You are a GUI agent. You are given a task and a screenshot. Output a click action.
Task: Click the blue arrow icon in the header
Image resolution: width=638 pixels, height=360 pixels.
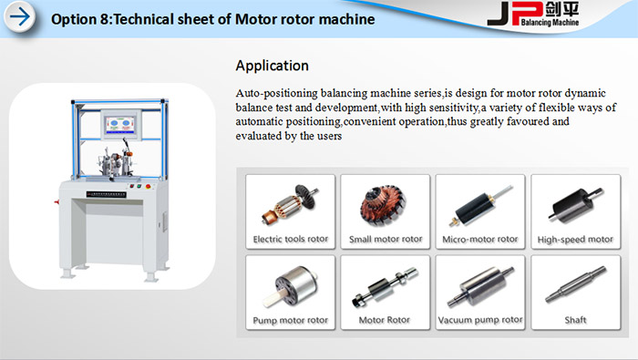click(x=20, y=17)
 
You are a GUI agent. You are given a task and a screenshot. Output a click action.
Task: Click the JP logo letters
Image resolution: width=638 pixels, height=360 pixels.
click(x=515, y=14)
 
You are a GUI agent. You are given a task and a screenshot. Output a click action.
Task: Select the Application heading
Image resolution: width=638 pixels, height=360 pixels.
click(x=272, y=66)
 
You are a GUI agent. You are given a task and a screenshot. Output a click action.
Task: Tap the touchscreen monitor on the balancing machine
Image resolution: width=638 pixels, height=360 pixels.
click(x=121, y=124)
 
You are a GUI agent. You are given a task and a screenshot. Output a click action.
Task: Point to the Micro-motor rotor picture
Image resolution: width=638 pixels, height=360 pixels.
click(x=480, y=205)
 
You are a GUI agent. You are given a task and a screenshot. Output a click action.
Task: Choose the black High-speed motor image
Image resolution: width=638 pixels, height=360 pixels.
click(x=575, y=205)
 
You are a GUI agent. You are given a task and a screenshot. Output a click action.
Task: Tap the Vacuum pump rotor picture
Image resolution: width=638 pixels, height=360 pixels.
click(x=480, y=286)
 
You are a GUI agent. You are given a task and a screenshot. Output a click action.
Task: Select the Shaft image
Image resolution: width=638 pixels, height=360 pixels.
click(x=575, y=284)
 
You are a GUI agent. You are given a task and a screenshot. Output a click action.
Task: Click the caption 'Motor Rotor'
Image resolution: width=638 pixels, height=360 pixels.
click(x=384, y=320)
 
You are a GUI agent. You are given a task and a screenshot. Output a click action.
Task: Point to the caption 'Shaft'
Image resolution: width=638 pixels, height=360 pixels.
click(x=575, y=320)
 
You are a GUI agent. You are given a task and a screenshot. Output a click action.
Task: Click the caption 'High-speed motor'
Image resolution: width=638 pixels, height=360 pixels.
click(x=575, y=240)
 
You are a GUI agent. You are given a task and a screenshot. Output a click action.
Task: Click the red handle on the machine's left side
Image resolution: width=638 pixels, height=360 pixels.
click(x=57, y=201)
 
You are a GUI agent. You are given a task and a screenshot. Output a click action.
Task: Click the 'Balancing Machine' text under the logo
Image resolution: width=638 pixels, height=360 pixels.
click(x=550, y=23)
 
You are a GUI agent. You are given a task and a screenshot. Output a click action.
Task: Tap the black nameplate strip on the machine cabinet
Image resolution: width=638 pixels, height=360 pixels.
click(x=107, y=194)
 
